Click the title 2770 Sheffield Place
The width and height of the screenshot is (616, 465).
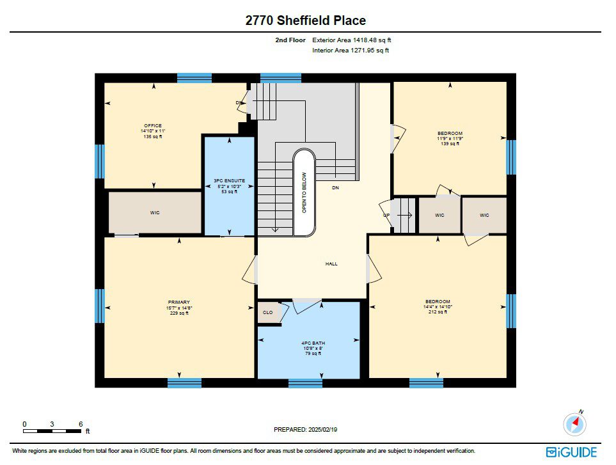click(306, 20)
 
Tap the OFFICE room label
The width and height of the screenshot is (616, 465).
click(153, 125)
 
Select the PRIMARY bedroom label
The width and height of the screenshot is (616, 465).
click(179, 303)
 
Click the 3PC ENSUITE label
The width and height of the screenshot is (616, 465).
click(230, 180)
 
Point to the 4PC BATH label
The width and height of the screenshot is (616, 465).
click(313, 343)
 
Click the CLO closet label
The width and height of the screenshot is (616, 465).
click(267, 313)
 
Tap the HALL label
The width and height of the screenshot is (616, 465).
click(331, 264)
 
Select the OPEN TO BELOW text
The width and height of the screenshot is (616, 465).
click(304, 193)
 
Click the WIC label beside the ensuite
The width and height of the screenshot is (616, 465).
click(155, 213)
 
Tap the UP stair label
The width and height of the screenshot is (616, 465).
click(386, 215)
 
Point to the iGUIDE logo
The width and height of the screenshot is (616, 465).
click(572, 452)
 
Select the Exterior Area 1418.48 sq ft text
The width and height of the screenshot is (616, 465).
click(352, 40)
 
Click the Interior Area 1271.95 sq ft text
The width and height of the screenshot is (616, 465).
click(351, 51)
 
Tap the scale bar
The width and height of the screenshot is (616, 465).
click(52, 431)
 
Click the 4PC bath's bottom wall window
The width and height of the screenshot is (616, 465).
click(305, 383)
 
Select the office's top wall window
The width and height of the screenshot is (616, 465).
click(194, 78)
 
